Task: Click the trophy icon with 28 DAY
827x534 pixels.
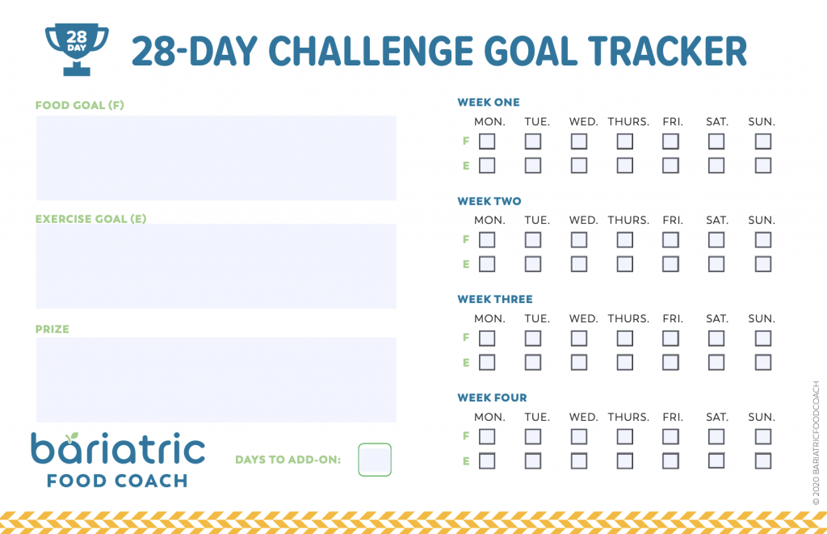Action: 77,49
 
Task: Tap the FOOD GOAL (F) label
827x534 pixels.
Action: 80,105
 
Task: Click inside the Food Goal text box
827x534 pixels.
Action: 216,158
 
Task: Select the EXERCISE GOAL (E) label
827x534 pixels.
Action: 90,218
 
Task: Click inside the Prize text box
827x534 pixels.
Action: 216,380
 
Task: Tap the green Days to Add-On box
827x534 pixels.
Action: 375,460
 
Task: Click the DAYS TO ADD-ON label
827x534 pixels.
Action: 288,460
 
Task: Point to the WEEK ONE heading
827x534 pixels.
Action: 489,103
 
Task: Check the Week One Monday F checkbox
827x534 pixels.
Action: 487,141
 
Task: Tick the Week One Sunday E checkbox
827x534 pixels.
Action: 762,165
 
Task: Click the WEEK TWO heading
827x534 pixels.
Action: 489,201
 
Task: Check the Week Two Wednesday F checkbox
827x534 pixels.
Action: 578,240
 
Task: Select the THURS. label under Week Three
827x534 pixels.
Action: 628,319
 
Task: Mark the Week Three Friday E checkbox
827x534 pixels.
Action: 670,362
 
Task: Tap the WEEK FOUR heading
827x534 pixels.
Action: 492,397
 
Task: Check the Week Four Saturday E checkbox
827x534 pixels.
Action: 716,460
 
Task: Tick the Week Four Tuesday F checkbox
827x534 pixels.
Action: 533,436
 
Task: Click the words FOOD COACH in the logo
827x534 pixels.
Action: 117,481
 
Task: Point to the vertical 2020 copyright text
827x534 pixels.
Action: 816,444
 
